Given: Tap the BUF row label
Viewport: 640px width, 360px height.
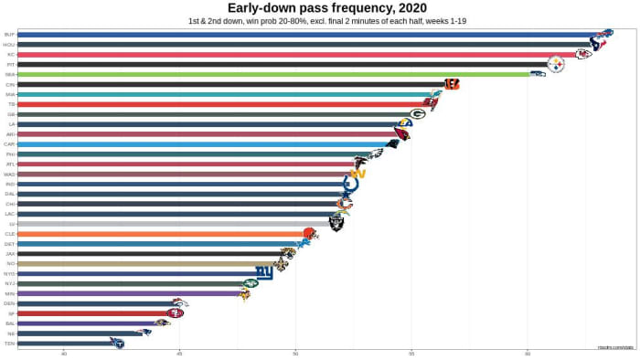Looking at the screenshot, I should click(x=9, y=35).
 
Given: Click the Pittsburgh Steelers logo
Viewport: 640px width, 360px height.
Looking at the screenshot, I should click(x=556, y=64).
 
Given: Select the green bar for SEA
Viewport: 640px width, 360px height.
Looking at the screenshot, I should click(x=274, y=74).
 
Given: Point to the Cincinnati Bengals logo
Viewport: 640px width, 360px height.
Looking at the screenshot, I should click(x=451, y=84).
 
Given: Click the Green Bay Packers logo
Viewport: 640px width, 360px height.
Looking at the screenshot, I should click(x=417, y=114).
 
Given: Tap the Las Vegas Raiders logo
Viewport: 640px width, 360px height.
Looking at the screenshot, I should click(x=336, y=223).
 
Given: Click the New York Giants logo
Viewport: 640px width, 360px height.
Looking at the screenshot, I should click(x=264, y=272).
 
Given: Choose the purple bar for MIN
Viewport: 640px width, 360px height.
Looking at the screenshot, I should click(x=128, y=293).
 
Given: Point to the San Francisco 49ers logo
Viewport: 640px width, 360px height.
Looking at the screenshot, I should click(x=175, y=313).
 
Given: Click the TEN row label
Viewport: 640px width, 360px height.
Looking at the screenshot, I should click(x=9, y=343).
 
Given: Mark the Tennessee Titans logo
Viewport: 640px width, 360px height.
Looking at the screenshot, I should click(x=117, y=343).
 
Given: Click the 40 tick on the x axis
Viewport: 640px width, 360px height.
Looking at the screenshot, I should click(x=64, y=354).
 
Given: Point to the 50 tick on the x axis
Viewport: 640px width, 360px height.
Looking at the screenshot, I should click(x=295, y=354).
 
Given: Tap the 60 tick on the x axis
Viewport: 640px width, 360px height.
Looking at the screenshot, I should click(x=528, y=354).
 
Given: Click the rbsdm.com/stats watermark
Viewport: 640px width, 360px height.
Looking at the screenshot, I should click(x=614, y=347).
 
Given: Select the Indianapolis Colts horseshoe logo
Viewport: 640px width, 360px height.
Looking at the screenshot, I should click(x=350, y=184).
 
